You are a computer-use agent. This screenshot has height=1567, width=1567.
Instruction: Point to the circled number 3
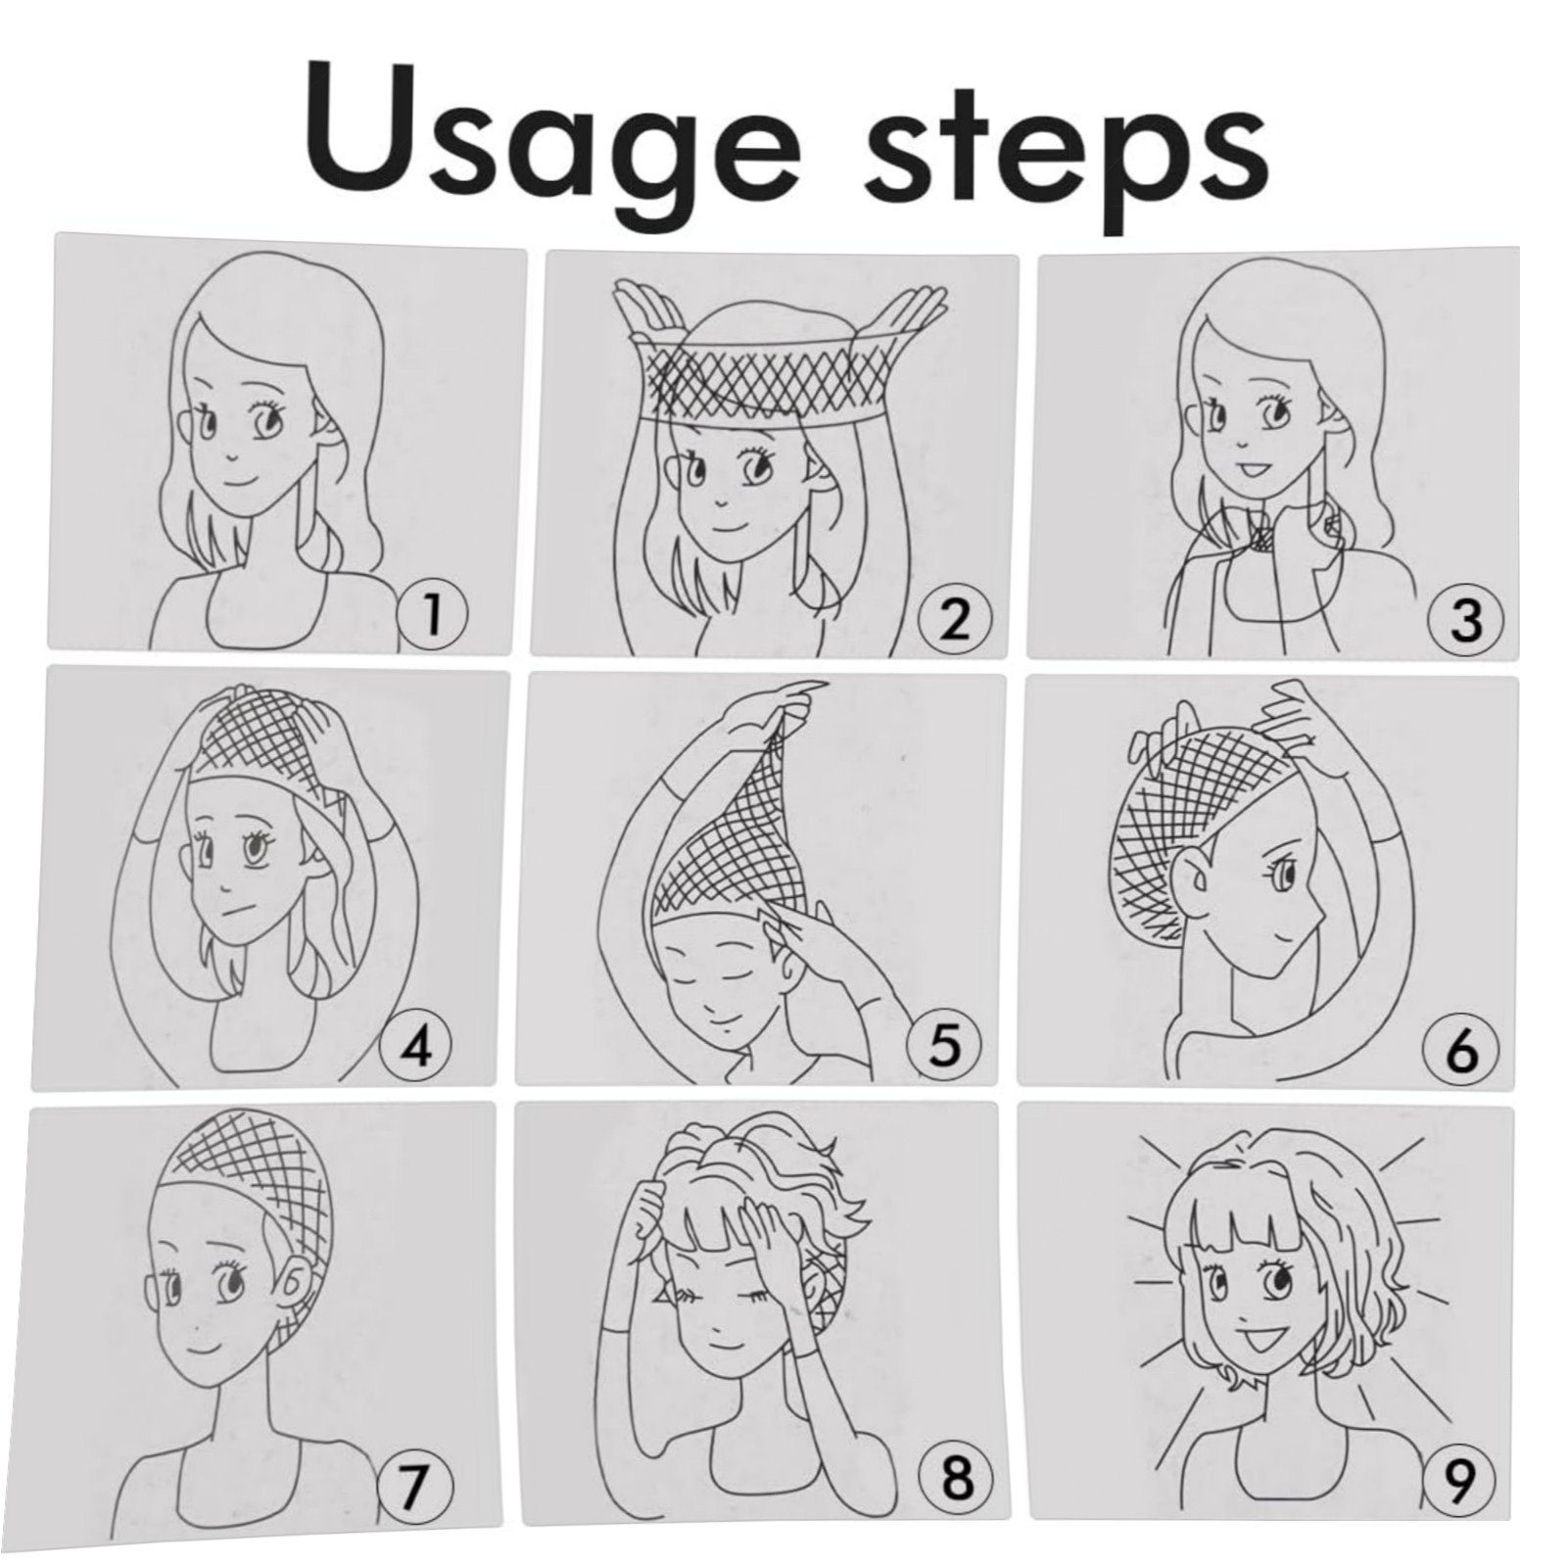1464,621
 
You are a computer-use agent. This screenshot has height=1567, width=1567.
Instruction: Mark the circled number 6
1459,1050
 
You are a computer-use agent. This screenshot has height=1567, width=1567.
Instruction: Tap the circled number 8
956,1483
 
